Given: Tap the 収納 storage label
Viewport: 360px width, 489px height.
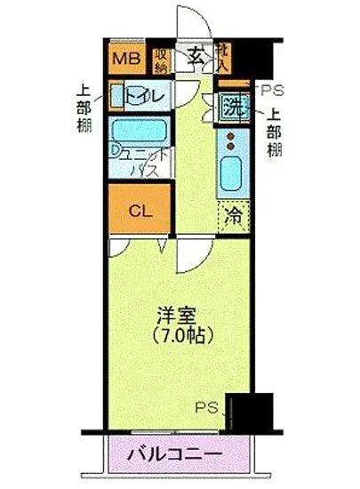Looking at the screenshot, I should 161,60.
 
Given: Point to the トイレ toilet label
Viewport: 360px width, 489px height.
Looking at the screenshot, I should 143,94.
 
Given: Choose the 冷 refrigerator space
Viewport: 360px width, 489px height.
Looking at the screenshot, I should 233,213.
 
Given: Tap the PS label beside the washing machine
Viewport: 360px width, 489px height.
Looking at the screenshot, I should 270,90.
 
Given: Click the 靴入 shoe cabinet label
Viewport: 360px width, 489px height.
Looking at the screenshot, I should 222,60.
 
